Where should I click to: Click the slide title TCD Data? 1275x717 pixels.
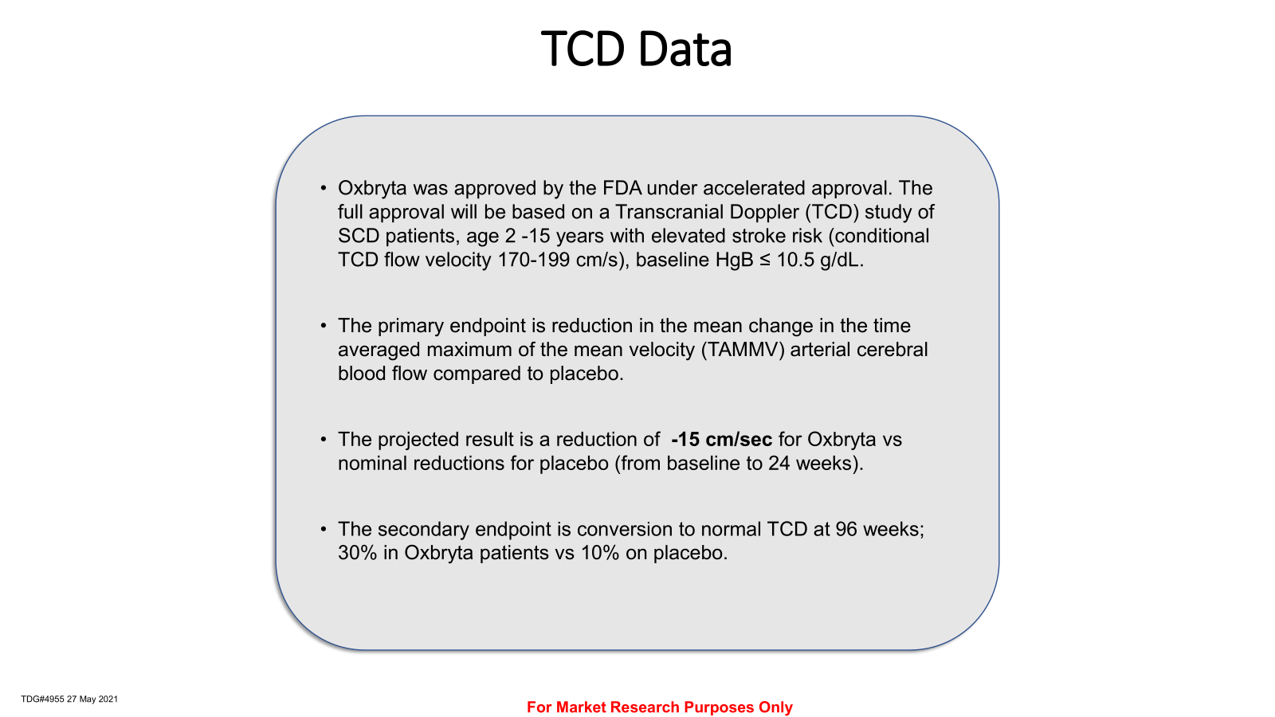coord(636,49)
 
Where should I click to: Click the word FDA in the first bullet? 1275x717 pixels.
coord(622,188)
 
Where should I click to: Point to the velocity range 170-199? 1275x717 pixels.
coord(533,260)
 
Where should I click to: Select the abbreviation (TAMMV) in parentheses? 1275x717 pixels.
coord(743,350)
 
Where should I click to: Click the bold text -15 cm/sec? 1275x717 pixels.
coord(721,439)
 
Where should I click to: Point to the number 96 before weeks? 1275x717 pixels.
coord(846,529)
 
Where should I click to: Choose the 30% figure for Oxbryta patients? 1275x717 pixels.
coord(358,553)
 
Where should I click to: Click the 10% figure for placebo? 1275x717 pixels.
coord(600,553)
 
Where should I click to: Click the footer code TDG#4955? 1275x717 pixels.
coord(43,699)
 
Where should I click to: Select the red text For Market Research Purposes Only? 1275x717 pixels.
coord(660,707)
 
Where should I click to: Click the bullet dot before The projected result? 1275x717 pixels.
coord(324,439)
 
